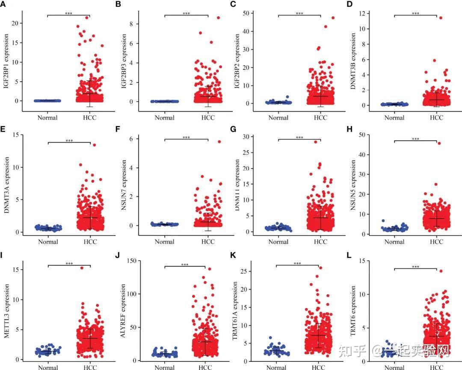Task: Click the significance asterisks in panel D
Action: tap(415, 14)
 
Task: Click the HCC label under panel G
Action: tap(320, 242)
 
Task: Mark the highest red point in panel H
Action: tap(439, 143)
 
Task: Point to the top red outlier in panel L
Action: tap(441, 271)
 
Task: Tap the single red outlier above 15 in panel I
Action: tap(82, 268)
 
